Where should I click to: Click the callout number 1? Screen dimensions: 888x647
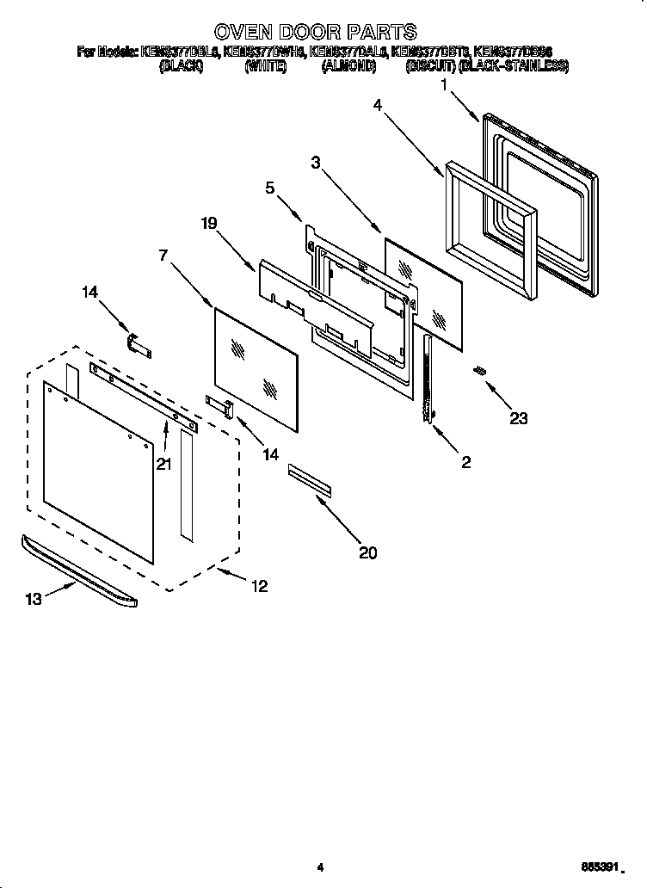pos(445,84)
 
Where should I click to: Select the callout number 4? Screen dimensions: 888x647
pos(378,105)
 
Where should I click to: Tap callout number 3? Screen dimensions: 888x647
pos(316,161)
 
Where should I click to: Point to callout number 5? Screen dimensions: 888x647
pos(269,187)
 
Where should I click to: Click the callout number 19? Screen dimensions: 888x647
pos(208,223)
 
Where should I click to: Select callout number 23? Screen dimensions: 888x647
pos(518,419)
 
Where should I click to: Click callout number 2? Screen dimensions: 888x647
pos(465,462)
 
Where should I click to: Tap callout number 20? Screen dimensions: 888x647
pos(367,552)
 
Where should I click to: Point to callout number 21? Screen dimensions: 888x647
pos(164,464)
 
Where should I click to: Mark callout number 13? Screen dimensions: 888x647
pos(34,599)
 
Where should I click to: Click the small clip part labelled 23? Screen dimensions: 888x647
pos(481,370)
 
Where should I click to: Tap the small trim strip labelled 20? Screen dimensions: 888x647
pos(309,480)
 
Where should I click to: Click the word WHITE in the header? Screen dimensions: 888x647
pos(265,65)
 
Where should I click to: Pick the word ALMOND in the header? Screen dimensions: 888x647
pos(348,65)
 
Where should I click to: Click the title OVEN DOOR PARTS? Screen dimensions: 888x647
pos(315,33)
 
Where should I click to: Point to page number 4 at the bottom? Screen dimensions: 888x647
pos(319,867)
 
